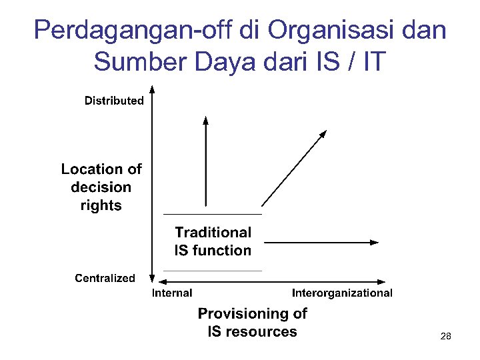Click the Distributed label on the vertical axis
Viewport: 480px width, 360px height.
(114, 101)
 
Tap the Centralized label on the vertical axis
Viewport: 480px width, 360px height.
(105, 278)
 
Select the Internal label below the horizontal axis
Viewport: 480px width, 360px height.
(172, 293)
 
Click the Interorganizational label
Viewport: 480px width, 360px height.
(342, 293)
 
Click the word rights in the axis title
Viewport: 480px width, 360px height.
(101, 205)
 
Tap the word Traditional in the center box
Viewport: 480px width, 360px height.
(213, 232)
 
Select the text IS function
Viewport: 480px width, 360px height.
(213, 251)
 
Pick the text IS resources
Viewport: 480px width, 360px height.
(252, 331)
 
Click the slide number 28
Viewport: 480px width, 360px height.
(445, 337)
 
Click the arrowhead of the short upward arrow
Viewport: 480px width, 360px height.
(205, 120)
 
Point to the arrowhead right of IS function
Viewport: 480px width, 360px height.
(375, 243)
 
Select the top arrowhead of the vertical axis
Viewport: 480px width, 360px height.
(153, 88)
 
